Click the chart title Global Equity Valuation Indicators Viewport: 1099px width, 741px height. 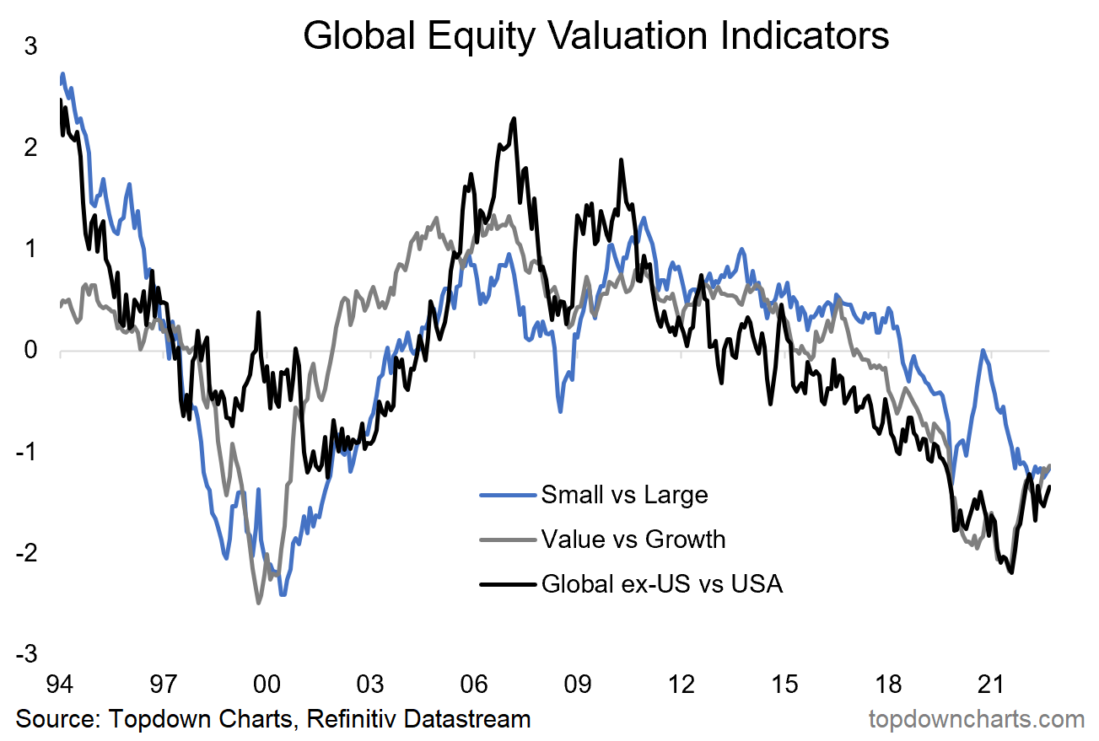pos(595,37)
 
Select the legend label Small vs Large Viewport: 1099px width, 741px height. pos(624,494)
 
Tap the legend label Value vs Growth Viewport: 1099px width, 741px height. pos(633,538)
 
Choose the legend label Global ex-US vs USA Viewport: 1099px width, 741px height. pos(661,583)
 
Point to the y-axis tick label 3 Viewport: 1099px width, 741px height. pos(31,47)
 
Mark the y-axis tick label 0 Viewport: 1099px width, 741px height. pos(31,351)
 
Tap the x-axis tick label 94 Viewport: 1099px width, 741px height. pos(60,682)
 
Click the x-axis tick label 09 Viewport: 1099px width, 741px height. pos(578,682)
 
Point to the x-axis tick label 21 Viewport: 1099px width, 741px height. pos(992,682)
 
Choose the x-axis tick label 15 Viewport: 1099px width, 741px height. pos(784,682)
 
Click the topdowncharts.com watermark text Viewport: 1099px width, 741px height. pos(976,719)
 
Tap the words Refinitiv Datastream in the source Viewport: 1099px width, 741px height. pos(418,719)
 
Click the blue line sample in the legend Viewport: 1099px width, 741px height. pos(508,495)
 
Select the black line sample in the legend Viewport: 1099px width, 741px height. pos(508,583)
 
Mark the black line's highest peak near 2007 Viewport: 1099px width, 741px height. pos(513,119)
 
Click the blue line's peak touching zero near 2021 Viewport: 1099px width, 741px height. pos(983,351)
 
